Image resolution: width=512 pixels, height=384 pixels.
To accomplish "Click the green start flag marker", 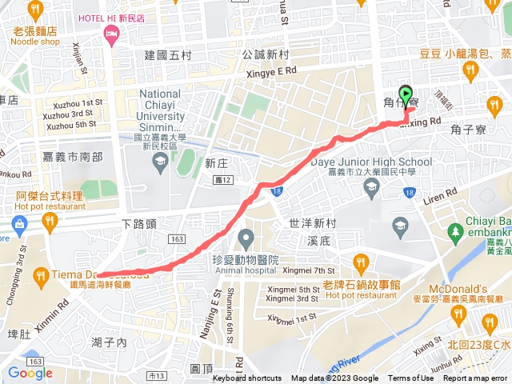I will (406, 96).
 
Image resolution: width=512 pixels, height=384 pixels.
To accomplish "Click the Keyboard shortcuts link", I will (246, 378).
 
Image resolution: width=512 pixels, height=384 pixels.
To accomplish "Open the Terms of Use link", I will (411, 378).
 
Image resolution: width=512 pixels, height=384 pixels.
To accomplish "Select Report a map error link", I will (475, 378).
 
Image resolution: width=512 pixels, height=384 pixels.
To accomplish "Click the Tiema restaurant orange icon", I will (41, 276).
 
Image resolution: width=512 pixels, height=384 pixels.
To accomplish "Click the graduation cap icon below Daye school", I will (371, 189).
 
